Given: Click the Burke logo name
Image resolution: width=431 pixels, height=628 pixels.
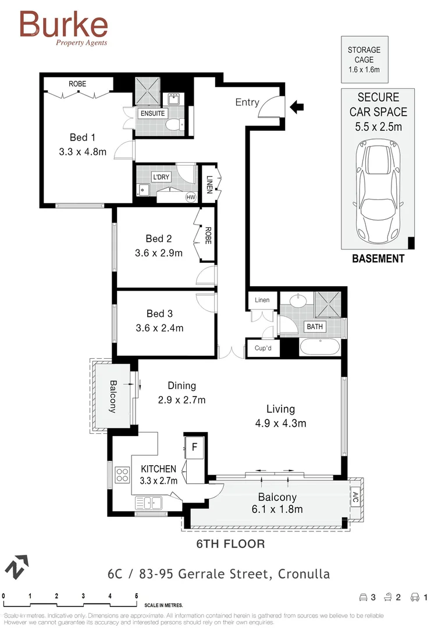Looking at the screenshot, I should coord(63,24).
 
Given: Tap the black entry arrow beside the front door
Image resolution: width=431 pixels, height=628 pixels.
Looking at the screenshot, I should coord(297,106).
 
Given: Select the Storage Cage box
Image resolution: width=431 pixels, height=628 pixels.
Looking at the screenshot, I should coord(364,60).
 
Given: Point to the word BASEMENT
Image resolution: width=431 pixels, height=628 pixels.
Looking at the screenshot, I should coord(378,259).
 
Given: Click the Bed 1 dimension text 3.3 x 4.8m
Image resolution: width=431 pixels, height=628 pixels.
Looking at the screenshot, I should coord(82,152).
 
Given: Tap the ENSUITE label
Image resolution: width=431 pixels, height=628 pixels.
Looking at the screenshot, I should coord(152,113).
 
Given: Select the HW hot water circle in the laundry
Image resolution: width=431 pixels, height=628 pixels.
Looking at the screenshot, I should coord(190,197).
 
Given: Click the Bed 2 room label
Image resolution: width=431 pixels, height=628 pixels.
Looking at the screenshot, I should coord(159,238).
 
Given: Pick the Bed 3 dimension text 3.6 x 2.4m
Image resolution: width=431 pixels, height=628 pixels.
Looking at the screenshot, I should coord(159,328).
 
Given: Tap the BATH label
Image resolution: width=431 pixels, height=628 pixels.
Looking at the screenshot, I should coord(315,327).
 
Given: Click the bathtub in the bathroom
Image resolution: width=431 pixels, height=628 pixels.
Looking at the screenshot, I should coord(319,348).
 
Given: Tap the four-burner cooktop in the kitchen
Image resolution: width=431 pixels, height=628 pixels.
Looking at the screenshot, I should coord(122,474).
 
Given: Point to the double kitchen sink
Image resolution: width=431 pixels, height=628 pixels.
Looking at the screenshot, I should coord(149,502).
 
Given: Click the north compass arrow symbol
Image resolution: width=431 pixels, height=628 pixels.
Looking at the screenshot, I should coord(17,566).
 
